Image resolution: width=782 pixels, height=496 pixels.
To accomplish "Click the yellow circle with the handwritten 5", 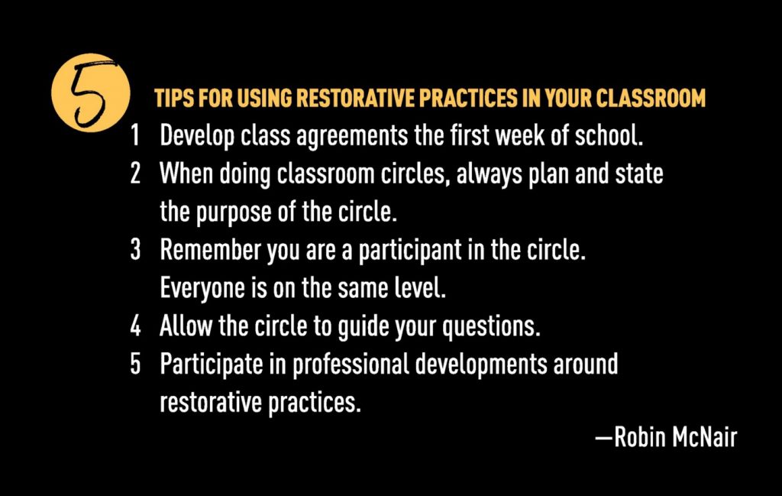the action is point(90,92).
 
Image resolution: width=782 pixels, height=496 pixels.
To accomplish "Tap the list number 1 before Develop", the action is point(134,135).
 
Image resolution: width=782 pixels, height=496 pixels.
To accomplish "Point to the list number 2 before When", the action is point(135,173).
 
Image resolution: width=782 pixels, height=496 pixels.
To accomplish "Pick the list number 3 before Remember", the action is point(135,249).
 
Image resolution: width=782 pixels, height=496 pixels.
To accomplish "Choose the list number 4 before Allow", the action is point(135,326).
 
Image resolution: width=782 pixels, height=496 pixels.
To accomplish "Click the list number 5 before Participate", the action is point(135,364).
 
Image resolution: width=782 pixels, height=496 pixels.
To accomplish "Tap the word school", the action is point(609,135).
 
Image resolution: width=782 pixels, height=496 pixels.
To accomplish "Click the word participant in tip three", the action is point(410,251).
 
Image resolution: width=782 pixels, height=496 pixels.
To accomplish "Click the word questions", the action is point(492,327).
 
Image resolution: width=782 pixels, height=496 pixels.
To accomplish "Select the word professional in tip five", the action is point(351,365).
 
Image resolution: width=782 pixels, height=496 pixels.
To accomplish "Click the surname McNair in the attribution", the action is point(705,437).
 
